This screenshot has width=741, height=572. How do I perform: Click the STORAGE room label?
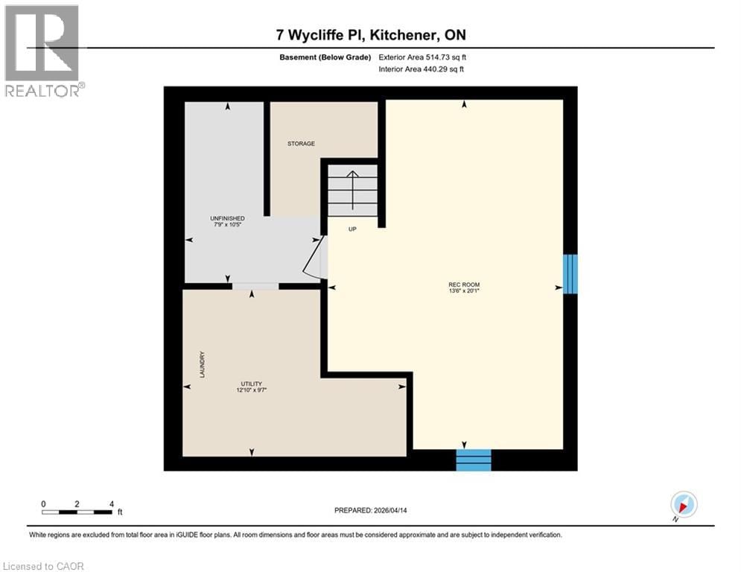click(x=302, y=144)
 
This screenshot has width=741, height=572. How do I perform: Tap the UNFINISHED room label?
click(x=227, y=218)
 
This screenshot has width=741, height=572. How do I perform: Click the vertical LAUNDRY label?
click(x=202, y=365)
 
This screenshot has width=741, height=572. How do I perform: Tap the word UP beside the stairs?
click(x=353, y=229)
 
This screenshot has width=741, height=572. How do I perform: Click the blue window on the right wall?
click(x=570, y=274)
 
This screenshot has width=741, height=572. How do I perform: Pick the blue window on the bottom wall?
click(x=474, y=460)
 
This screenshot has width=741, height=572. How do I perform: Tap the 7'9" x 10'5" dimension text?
click(x=227, y=226)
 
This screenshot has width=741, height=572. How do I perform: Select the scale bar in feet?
click(x=77, y=511)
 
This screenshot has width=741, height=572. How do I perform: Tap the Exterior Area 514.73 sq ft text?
click(x=422, y=57)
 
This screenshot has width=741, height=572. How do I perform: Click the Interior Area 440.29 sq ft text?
click(x=422, y=69)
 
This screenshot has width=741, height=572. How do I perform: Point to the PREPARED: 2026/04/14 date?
click(x=370, y=510)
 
